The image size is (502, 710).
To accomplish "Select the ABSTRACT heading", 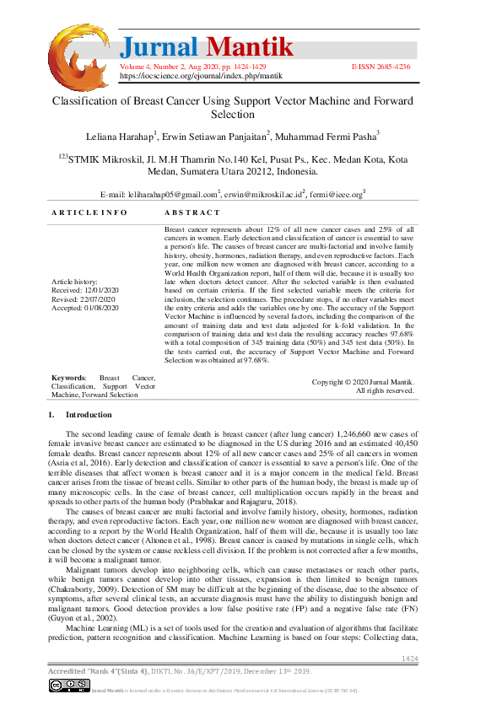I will pyautogui.click(x=192, y=212).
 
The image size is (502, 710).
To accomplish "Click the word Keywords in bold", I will pyautogui.click(x=68, y=378).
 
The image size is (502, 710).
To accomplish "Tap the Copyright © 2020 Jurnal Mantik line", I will pyautogui.click(x=363, y=382).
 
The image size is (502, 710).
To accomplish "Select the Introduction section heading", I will pyautogui.click(x=88, y=415).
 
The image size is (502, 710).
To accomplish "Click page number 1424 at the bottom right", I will pyautogui.click(x=409, y=658).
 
